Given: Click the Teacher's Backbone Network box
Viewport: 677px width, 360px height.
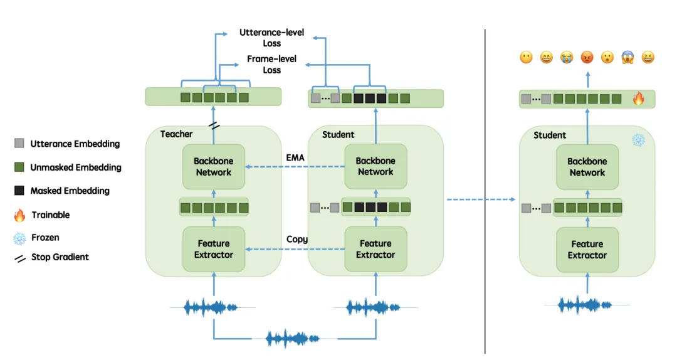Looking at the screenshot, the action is pos(214,166).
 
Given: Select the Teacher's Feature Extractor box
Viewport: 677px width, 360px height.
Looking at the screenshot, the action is pos(214,249).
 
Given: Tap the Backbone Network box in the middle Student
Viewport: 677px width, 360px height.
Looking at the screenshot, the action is pos(375,166).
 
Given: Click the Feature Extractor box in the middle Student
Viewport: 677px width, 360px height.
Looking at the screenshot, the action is pos(375,249).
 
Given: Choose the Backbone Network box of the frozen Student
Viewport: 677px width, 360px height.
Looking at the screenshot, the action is pos(587,167).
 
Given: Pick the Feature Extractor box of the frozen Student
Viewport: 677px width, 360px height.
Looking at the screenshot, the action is pos(587,250).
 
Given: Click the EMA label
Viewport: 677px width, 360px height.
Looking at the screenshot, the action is pos(295,158).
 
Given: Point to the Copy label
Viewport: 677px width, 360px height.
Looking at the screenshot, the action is pos(297,240).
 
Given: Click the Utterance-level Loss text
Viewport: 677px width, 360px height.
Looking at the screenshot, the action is pos(271,38).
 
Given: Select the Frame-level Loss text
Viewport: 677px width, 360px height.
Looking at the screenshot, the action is pos(271,65).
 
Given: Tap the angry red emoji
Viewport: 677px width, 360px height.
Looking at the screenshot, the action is pos(587,57).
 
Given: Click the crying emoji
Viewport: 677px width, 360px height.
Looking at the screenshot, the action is pos(567,57).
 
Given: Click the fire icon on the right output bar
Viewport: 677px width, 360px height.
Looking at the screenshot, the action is pos(638,98).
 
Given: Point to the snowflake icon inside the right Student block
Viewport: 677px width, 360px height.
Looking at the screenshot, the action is pos(638,140).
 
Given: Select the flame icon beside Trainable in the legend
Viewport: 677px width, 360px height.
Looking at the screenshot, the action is pos(19,214).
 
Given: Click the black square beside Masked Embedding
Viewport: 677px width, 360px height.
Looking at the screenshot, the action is pos(19,191).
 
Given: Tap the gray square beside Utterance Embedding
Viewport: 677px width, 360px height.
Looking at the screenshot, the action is pos(19,143).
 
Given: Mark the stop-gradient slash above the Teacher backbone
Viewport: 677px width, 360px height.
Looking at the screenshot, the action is pos(214,126).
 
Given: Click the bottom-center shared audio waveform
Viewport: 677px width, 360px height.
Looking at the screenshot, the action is pos(292,339).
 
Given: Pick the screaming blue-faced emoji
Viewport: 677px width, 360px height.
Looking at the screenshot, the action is pos(627,57).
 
